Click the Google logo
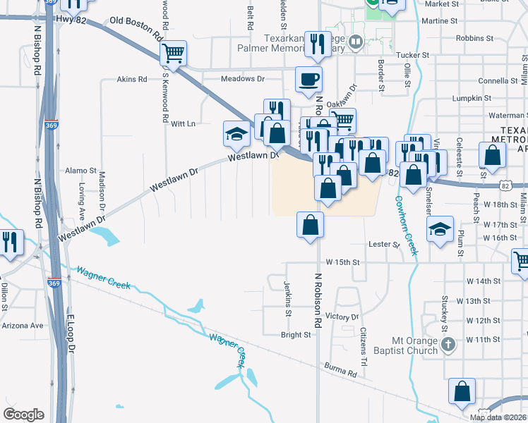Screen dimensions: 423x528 (x=24, y=415)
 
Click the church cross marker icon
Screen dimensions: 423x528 (x=448, y=345)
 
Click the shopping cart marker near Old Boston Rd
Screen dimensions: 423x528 (x=173, y=53)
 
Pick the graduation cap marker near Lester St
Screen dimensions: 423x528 (x=440, y=229)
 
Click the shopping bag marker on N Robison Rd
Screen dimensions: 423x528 (x=310, y=226)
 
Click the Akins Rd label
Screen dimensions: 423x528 (x=132, y=80)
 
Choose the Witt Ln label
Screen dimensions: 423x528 (x=183, y=123)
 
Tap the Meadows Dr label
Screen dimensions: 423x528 (x=242, y=79)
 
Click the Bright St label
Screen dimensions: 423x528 (x=296, y=335)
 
